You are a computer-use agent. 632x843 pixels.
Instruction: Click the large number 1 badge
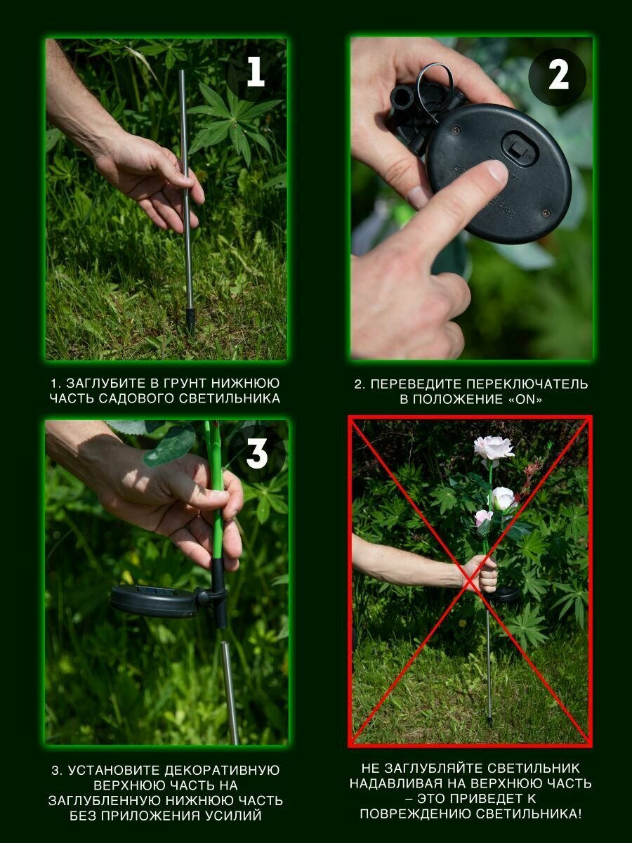255,72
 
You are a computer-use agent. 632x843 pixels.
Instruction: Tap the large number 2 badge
558,76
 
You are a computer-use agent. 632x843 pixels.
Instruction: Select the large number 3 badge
256,454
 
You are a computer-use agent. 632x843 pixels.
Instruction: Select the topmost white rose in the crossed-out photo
494,447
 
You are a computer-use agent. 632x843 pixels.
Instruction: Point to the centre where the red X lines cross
470,582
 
